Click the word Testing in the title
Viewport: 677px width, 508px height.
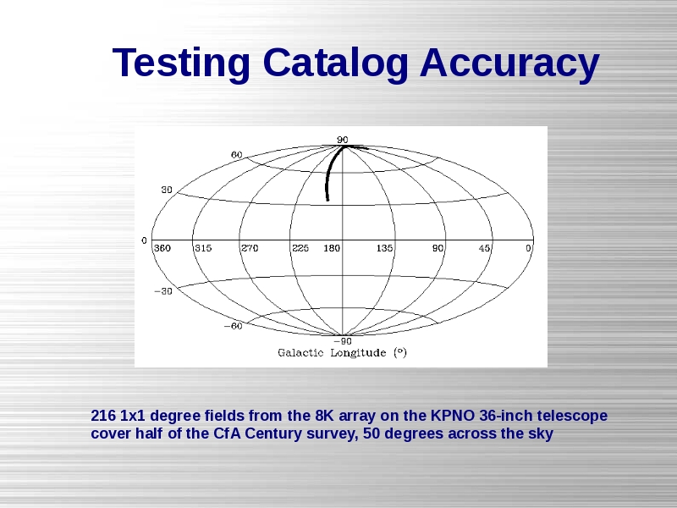[x=181, y=63]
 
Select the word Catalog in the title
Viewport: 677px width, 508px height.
[x=335, y=63]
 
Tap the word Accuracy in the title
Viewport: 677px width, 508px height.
[x=509, y=63]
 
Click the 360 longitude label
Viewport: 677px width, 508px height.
[x=162, y=248]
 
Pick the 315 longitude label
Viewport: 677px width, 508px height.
[x=203, y=248]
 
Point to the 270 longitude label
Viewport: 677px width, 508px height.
[x=250, y=248]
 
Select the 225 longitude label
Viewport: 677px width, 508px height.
[x=300, y=248]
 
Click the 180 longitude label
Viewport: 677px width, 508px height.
[x=332, y=248]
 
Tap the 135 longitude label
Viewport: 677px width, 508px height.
[x=384, y=248]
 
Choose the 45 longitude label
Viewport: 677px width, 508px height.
[x=484, y=248]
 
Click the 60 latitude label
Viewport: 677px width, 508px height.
[x=237, y=155]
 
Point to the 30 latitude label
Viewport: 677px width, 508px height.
[x=167, y=190]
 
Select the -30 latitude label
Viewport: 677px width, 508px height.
[x=163, y=291]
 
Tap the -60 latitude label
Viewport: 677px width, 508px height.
[x=234, y=326]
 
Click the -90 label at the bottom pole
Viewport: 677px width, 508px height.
[x=343, y=341]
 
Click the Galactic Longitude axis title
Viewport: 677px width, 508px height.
[x=343, y=353]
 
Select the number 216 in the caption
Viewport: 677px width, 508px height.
[x=103, y=416]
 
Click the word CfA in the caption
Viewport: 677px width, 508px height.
[x=228, y=433]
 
